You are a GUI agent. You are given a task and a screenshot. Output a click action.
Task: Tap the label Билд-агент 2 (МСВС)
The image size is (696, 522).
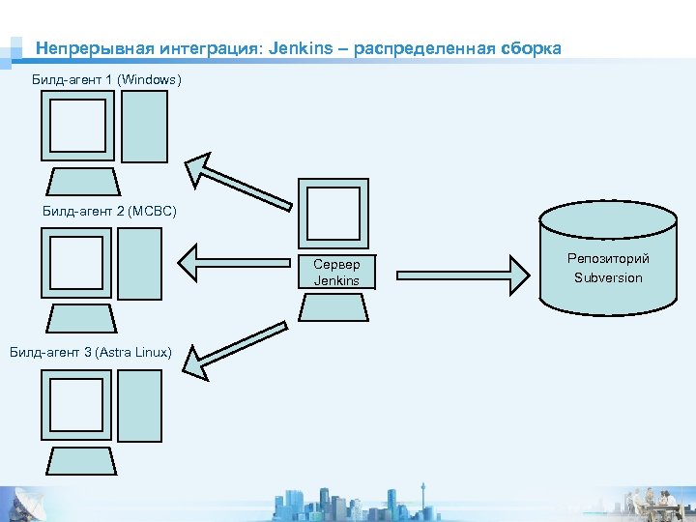[109, 210]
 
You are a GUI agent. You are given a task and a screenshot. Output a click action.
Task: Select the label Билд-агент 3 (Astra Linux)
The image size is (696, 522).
[91, 352]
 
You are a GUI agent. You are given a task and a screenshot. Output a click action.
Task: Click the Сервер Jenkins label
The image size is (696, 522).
[336, 273]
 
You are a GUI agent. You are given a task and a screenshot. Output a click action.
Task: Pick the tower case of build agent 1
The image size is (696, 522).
[144, 127]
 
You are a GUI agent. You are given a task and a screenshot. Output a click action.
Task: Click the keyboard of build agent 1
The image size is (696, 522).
[81, 181]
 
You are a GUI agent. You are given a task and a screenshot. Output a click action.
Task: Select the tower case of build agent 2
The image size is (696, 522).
[139, 262]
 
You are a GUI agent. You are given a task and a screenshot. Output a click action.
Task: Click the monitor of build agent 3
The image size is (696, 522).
[76, 404]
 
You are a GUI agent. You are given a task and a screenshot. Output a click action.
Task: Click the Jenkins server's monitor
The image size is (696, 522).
[333, 214]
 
